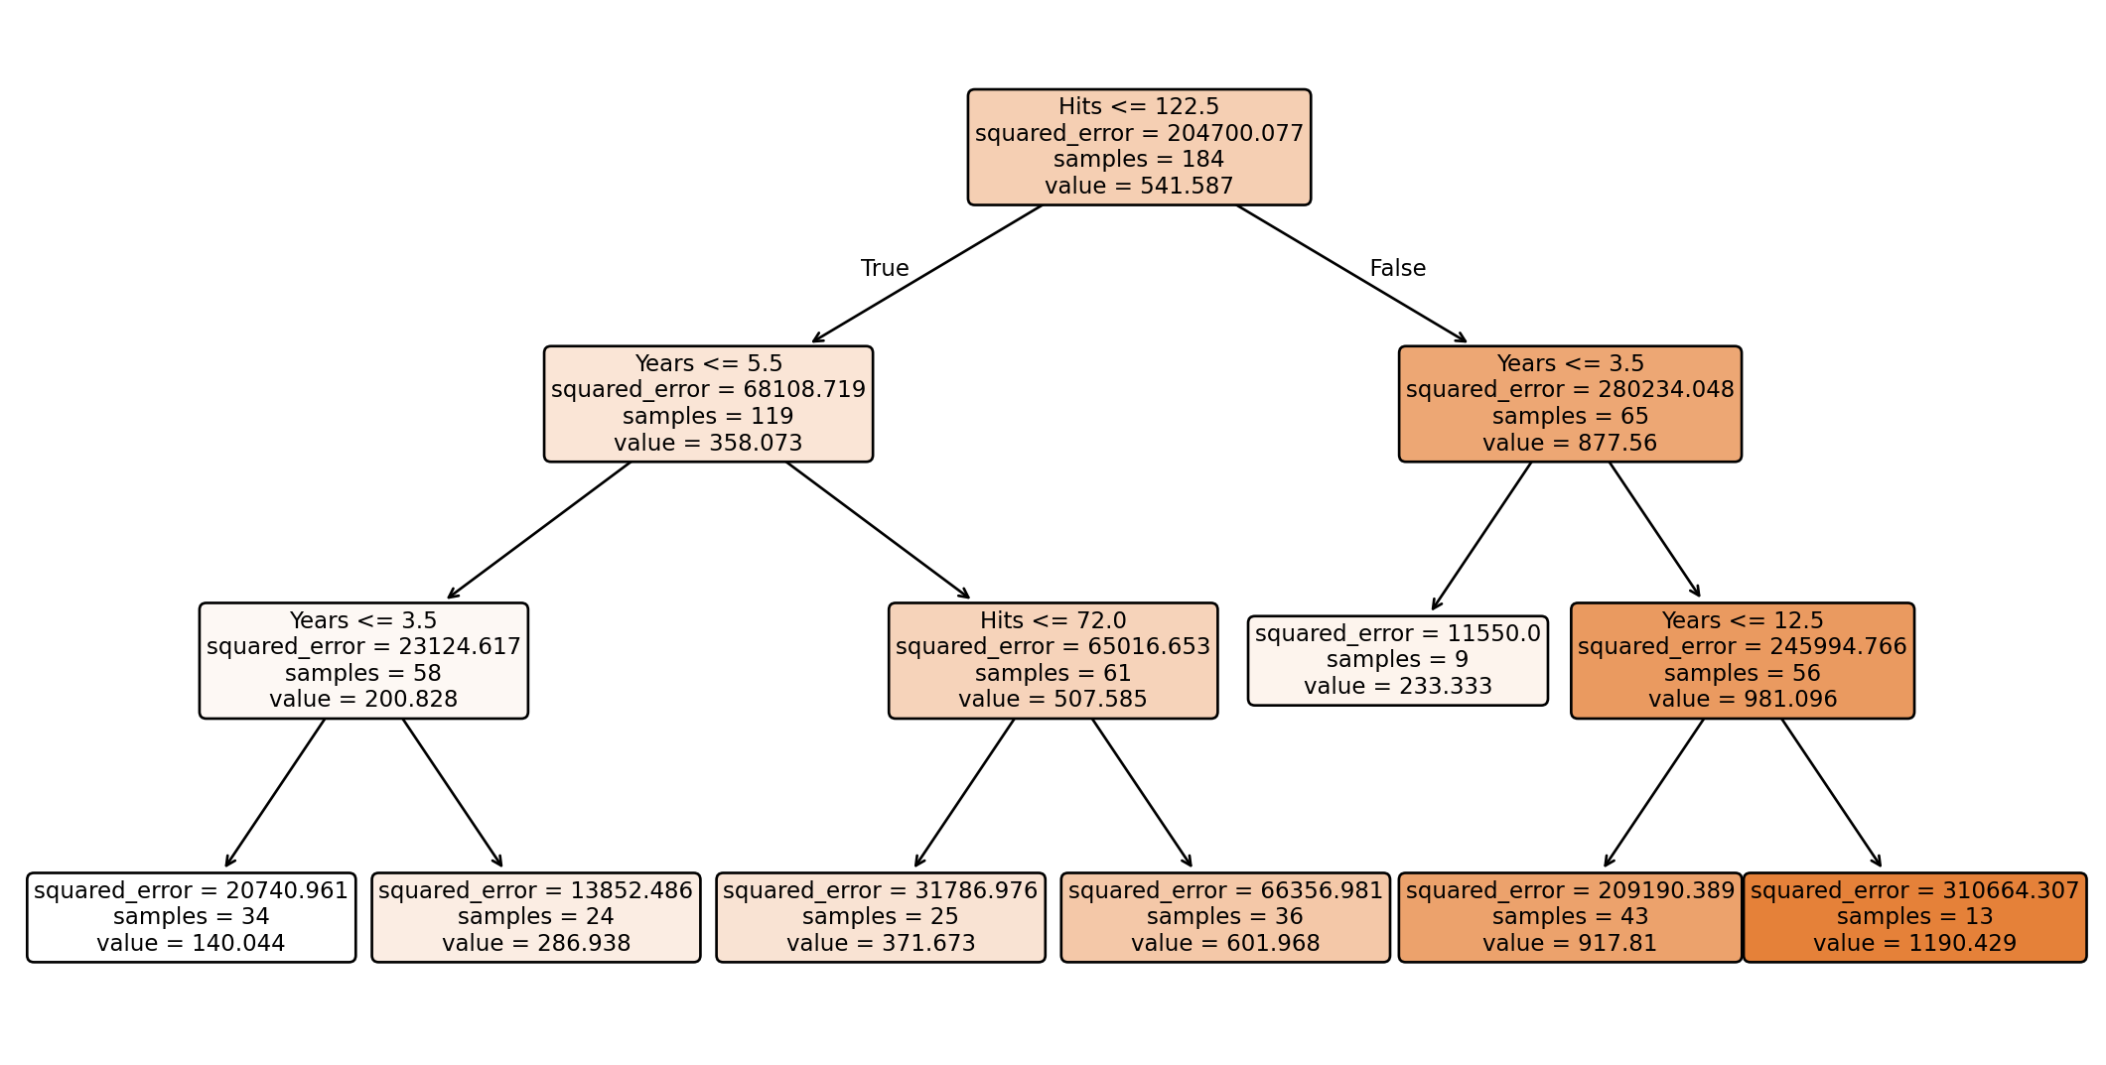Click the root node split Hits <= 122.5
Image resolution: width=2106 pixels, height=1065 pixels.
[1138, 107]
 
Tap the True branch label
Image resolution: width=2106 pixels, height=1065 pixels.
[884, 269]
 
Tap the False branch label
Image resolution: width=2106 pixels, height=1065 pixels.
[1397, 269]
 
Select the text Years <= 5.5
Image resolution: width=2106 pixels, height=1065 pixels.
[708, 364]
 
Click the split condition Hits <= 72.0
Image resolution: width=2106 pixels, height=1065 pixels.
[1053, 621]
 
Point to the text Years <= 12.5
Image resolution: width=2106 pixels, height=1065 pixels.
[1742, 621]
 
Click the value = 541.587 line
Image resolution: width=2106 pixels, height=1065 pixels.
[1138, 187]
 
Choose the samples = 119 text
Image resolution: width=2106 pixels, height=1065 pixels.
[708, 417]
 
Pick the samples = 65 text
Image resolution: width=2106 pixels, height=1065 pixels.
[1570, 417]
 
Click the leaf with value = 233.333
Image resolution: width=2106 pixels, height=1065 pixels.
[1397, 661]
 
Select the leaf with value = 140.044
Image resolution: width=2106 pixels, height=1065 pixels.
[191, 917]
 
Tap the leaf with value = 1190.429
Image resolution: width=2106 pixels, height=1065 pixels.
[1914, 917]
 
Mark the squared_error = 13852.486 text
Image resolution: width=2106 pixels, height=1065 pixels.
[535, 891]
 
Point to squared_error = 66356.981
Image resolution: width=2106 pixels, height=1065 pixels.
[1225, 891]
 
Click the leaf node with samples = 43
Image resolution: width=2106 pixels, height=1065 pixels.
[1570, 917]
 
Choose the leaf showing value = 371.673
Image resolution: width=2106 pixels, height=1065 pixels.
[880, 917]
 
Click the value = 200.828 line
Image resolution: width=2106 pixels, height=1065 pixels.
[363, 700]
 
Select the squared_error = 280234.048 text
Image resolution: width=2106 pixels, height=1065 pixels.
[1570, 390]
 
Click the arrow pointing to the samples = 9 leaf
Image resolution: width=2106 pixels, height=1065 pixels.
[1481, 536]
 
